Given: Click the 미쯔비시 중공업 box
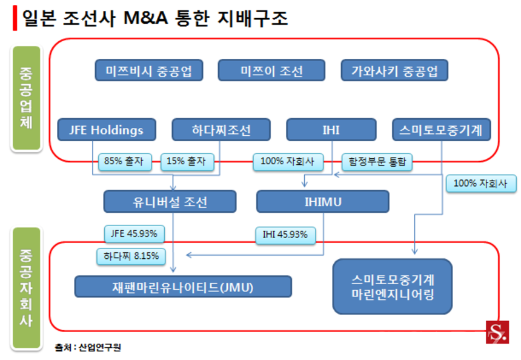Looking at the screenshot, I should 148,71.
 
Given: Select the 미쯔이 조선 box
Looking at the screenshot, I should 271,71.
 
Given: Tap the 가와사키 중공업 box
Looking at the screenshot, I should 394,71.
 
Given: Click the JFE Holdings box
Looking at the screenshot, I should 107,130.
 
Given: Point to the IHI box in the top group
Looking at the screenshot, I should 331,130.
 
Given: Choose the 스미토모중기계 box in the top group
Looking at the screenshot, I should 440,130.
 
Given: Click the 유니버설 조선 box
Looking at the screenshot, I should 170,202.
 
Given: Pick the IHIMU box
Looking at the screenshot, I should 322,202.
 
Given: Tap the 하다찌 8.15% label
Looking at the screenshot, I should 131,256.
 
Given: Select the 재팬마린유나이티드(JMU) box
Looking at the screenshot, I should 183,286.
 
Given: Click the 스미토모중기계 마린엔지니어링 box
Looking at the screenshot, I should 393,286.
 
